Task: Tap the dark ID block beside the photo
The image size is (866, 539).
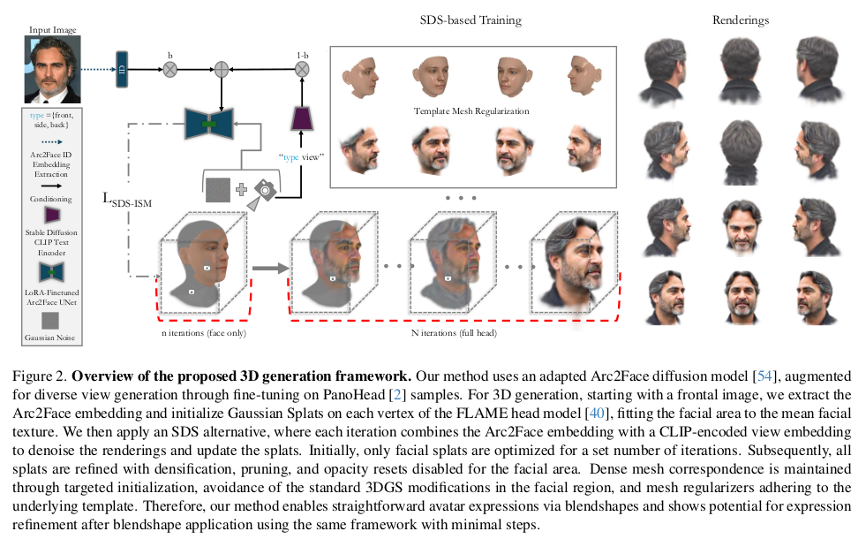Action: pos(121,69)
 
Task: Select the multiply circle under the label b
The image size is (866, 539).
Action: pos(170,68)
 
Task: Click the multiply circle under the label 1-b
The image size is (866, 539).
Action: pos(301,68)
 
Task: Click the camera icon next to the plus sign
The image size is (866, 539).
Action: pos(264,189)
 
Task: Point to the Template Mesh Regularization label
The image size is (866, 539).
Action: pos(471,111)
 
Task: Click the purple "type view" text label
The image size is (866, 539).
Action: pos(301,156)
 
